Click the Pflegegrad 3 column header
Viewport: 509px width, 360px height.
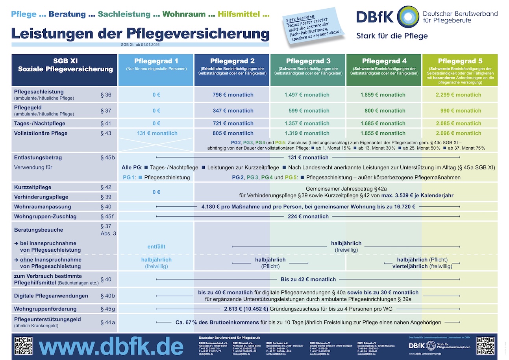(x=308, y=61)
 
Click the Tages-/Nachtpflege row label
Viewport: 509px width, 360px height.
(x=40, y=124)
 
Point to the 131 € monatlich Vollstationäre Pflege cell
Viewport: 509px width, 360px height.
(x=157, y=133)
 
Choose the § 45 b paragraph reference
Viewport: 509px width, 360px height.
(x=107, y=158)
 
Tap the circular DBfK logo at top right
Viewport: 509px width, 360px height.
(x=408, y=17)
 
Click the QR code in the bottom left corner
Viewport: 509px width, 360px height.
(x=24, y=345)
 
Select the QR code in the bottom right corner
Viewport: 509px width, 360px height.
(x=485, y=345)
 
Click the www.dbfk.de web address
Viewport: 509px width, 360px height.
(x=111, y=347)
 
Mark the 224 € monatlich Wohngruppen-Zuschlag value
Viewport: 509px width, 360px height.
(x=308, y=216)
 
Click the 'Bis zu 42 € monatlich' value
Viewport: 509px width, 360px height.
(x=308, y=279)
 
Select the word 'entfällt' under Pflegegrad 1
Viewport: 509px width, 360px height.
(x=156, y=247)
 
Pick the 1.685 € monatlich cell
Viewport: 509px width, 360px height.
(x=383, y=124)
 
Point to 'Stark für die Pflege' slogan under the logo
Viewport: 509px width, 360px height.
(x=392, y=36)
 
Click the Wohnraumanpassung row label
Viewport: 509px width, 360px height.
(x=43, y=206)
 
